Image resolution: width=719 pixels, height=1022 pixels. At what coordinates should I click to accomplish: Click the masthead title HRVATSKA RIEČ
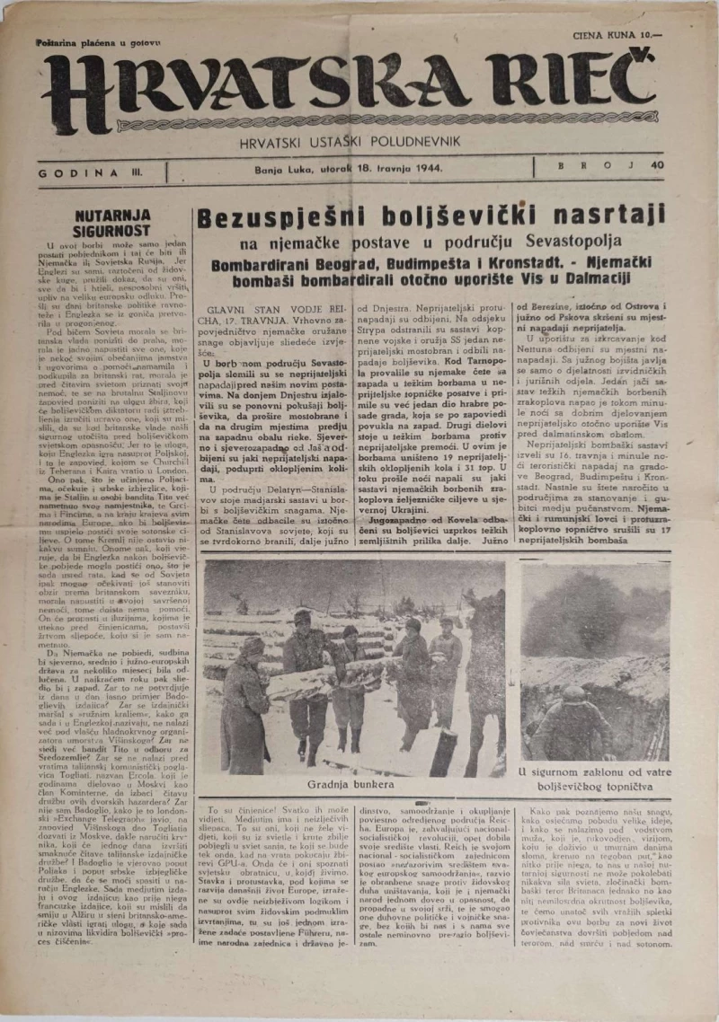pos(359,93)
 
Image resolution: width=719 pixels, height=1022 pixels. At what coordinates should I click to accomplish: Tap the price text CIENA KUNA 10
pos(621,37)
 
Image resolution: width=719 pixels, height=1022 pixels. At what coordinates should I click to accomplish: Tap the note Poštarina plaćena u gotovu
pos(99,42)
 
